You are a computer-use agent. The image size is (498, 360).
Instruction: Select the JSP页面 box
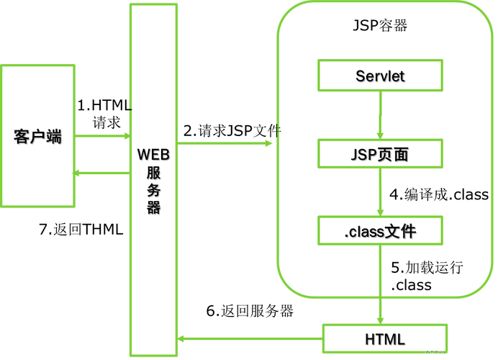pos(380,153)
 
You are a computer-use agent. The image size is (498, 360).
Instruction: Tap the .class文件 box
pos(380,231)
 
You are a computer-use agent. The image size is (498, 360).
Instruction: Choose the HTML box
pos(386,338)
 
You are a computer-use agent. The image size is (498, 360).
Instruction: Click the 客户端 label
pos(37,136)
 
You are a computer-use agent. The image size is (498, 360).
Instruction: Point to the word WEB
pos(153,154)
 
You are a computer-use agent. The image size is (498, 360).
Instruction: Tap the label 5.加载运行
pos(427,267)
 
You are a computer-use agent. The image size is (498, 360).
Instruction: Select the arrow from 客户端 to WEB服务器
pos(101,135)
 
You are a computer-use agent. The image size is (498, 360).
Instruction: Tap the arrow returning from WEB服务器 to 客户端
pos(101,173)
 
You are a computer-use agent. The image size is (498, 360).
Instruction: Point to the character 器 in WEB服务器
pos(153,208)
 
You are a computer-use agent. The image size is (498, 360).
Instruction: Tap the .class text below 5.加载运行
pos(412,285)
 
